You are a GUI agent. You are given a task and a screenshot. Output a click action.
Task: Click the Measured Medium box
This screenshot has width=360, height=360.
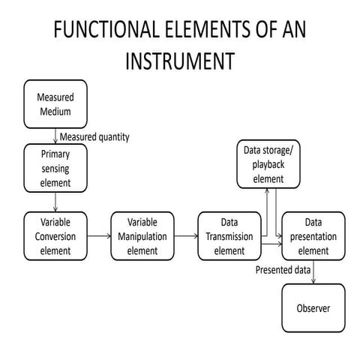(x=55, y=106)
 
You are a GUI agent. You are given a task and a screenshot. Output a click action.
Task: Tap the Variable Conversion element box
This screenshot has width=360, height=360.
(x=55, y=236)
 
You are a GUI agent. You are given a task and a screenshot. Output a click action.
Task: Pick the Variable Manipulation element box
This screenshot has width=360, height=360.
(x=142, y=236)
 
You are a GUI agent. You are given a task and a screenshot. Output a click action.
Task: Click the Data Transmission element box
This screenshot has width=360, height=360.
(x=229, y=236)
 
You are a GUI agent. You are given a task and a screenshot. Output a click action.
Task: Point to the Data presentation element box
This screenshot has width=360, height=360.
(x=313, y=236)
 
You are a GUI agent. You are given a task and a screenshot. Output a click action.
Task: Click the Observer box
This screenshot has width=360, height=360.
(x=313, y=308)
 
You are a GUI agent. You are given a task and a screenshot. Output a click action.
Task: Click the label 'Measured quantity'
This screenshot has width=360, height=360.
(x=94, y=136)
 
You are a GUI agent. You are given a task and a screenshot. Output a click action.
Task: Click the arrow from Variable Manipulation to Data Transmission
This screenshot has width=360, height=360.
(x=185, y=236)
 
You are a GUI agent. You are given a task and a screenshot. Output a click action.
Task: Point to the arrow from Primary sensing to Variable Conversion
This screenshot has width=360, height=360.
(x=55, y=200)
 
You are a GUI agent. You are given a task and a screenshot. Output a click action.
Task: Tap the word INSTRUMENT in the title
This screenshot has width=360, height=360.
(x=180, y=60)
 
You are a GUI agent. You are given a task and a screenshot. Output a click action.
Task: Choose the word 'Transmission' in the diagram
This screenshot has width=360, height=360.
(x=229, y=236)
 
